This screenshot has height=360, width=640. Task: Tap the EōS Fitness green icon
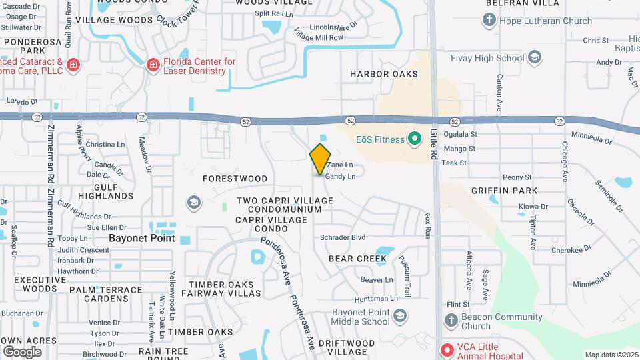tap(415, 139)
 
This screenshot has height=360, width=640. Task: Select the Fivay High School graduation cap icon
tap(534, 58)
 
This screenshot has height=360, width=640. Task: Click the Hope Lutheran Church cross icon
tap(489, 21)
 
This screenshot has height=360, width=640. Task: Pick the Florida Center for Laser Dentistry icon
tap(153, 65)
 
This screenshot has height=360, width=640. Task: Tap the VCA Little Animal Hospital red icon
tap(445, 349)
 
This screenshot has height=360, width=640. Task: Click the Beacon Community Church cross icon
tap(451, 321)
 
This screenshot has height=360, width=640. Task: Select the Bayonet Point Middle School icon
tap(399, 316)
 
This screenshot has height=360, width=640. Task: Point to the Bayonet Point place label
tap(143, 238)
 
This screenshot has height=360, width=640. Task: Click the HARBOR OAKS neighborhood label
tap(384, 74)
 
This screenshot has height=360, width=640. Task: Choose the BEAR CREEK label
tap(357, 258)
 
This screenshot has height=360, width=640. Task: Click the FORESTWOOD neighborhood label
tap(235, 179)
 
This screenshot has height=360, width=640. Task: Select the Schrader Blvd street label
tap(343, 237)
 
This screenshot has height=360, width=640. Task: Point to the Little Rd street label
tap(433, 142)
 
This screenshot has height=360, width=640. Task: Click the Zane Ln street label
tap(339, 165)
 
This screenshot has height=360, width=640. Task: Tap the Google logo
tap(22, 351)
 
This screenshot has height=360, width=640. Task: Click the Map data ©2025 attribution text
tap(611, 355)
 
